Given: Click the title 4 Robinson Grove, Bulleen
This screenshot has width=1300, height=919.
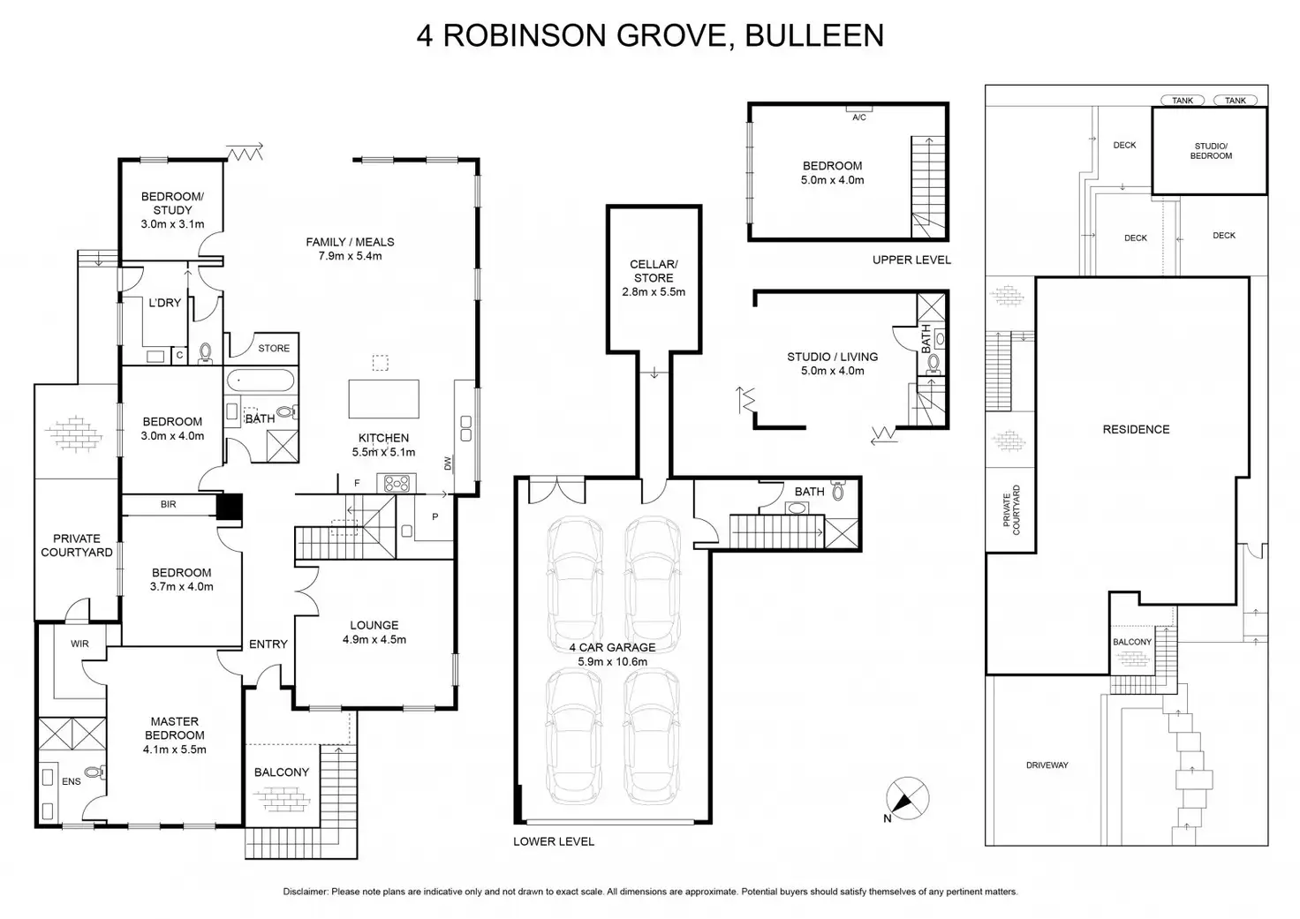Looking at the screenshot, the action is pos(650,35).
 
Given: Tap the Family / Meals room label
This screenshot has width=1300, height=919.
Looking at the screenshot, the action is pos(350,249).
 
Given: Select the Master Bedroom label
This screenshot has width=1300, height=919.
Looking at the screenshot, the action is pos(175,735).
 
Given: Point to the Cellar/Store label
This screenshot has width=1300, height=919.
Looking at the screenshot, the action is pos(654,277).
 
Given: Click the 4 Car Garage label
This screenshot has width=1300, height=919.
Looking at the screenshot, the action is pos(613,654).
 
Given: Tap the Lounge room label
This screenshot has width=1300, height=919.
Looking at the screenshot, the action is pos(374,632).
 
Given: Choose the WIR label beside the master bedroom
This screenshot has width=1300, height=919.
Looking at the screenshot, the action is pos(79,644).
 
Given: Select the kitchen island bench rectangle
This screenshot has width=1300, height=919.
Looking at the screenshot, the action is pos(383,398).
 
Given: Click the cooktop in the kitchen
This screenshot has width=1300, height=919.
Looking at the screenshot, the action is pos(396,483).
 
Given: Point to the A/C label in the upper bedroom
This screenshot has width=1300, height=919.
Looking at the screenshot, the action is pos(858,117).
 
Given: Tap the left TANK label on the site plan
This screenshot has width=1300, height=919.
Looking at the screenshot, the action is pos(1183,101).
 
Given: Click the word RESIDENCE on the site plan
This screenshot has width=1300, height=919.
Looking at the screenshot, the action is pos(1136,429).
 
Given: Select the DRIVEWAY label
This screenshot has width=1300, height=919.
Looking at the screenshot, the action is pos(1047,765).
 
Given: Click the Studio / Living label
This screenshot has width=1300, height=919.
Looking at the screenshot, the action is pos(832,364).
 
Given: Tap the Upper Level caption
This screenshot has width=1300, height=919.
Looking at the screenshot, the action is pos(911,260).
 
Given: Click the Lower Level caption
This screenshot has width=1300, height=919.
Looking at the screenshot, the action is pos(554,841).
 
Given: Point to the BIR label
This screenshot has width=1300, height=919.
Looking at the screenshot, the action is pos(168,504).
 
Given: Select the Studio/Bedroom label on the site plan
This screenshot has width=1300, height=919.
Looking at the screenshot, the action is pos(1211,151).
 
